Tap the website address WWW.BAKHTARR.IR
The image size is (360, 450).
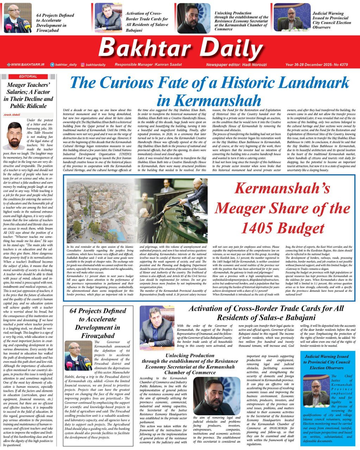click(x=27, y=65)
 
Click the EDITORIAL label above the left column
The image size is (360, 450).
click(x=28, y=76)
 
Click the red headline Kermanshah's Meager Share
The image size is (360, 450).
click(x=282, y=208)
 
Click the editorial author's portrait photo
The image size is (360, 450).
click(x=14, y=136)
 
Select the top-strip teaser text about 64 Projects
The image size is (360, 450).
click(x=55, y=22)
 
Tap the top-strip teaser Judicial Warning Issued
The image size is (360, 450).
click(x=331, y=20)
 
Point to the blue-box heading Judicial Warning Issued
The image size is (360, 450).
click(x=327, y=362)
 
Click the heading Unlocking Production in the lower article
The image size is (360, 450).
click(x=190, y=364)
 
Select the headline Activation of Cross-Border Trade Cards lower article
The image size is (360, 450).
click(x=266, y=313)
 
